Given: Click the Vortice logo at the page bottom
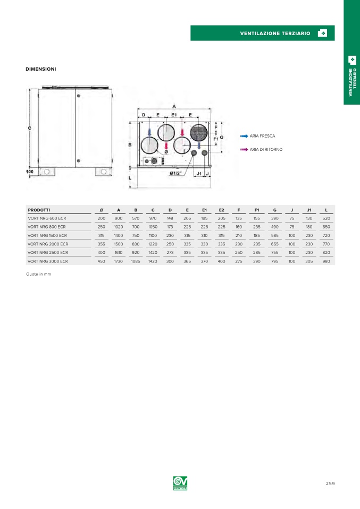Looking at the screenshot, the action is (180, 483).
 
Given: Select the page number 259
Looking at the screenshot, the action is (330, 483).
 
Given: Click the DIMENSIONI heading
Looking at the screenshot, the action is (41, 69).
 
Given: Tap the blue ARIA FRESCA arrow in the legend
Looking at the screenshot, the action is (244, 136).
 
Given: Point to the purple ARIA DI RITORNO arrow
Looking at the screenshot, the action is (244, 149).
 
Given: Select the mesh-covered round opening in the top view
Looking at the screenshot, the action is (199, 132).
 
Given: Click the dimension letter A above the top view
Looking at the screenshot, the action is (174, 106).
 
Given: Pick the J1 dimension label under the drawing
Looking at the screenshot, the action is (199, 174).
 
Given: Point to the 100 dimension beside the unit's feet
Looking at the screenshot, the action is (30, 172).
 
